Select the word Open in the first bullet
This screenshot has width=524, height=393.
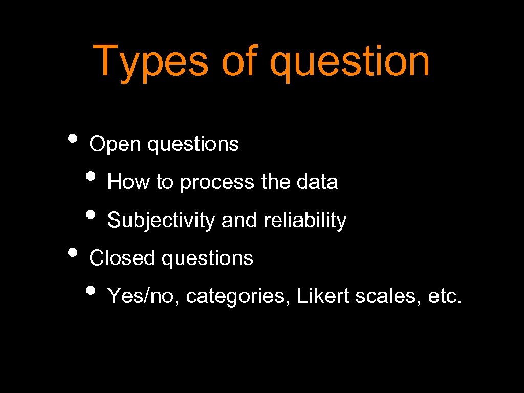pyautogui.click(x=115, y=144)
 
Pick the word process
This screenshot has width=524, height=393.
pyautogui.click(x=216, y=183)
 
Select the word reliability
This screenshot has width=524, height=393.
pyautogui.click(x=305, y=221)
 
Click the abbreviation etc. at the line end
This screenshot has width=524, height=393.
pyautogui.click(x=444, y=296)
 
